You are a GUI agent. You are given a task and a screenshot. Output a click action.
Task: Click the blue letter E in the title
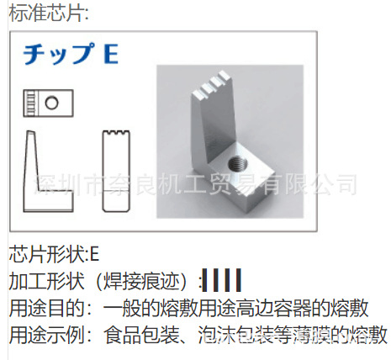[x=110, y=55]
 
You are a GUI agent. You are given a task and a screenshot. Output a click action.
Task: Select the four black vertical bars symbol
[x=223, y=280]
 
